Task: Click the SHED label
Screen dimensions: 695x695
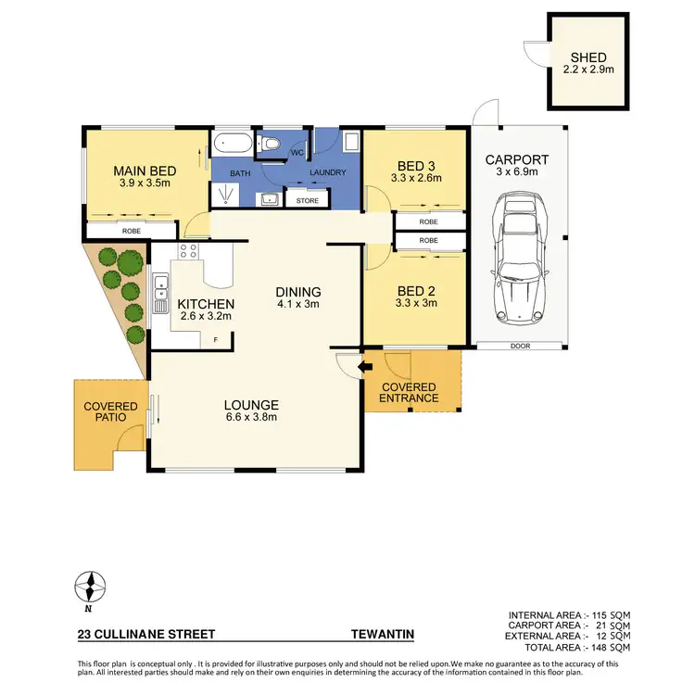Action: [588, 57]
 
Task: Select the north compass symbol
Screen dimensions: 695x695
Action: [90, 587]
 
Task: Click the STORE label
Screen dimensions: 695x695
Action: [307, 199]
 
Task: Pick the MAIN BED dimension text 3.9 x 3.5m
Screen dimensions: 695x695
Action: [140, 183]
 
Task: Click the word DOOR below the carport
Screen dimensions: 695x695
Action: [519, 346]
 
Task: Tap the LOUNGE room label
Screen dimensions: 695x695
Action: [251, 404]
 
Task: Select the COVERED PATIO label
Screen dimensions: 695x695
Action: [110, 413]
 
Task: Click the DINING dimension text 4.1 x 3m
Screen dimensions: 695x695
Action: [298, 304]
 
